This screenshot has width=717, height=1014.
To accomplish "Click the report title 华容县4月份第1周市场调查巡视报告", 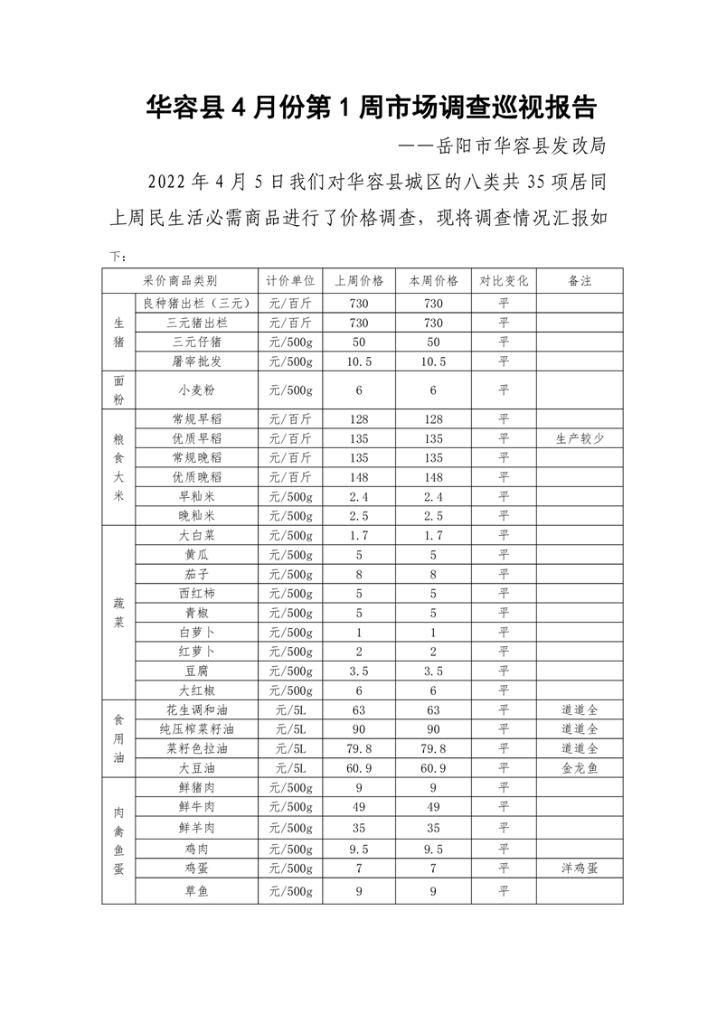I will [372, 108].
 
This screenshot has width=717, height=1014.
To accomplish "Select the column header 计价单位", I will [290, 280].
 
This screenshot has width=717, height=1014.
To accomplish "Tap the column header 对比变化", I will [504, 280].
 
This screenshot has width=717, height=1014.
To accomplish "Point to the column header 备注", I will [580, 280].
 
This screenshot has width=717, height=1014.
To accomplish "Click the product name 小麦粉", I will [196, 390].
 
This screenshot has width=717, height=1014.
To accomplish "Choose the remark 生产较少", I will [580, 438].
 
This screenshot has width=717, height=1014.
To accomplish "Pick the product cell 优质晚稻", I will [196, 476].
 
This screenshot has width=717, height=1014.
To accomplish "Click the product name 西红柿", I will [196, 593].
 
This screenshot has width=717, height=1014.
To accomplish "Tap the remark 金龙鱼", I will [580, 767].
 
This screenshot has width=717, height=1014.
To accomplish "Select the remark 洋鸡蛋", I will [580, 868].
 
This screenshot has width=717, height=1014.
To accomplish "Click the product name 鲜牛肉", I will [196, 806].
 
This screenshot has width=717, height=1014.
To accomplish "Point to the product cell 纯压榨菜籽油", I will [196, 728].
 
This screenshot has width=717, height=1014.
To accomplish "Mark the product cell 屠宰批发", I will [196, 361].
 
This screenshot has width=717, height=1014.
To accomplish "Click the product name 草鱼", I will [196, 892].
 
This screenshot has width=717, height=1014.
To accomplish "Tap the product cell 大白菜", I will [196, 535].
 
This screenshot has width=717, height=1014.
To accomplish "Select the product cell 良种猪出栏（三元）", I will [196, 303].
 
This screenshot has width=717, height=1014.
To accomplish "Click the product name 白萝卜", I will [196, 632].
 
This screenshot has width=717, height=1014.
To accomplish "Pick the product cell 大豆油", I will [196, 767].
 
